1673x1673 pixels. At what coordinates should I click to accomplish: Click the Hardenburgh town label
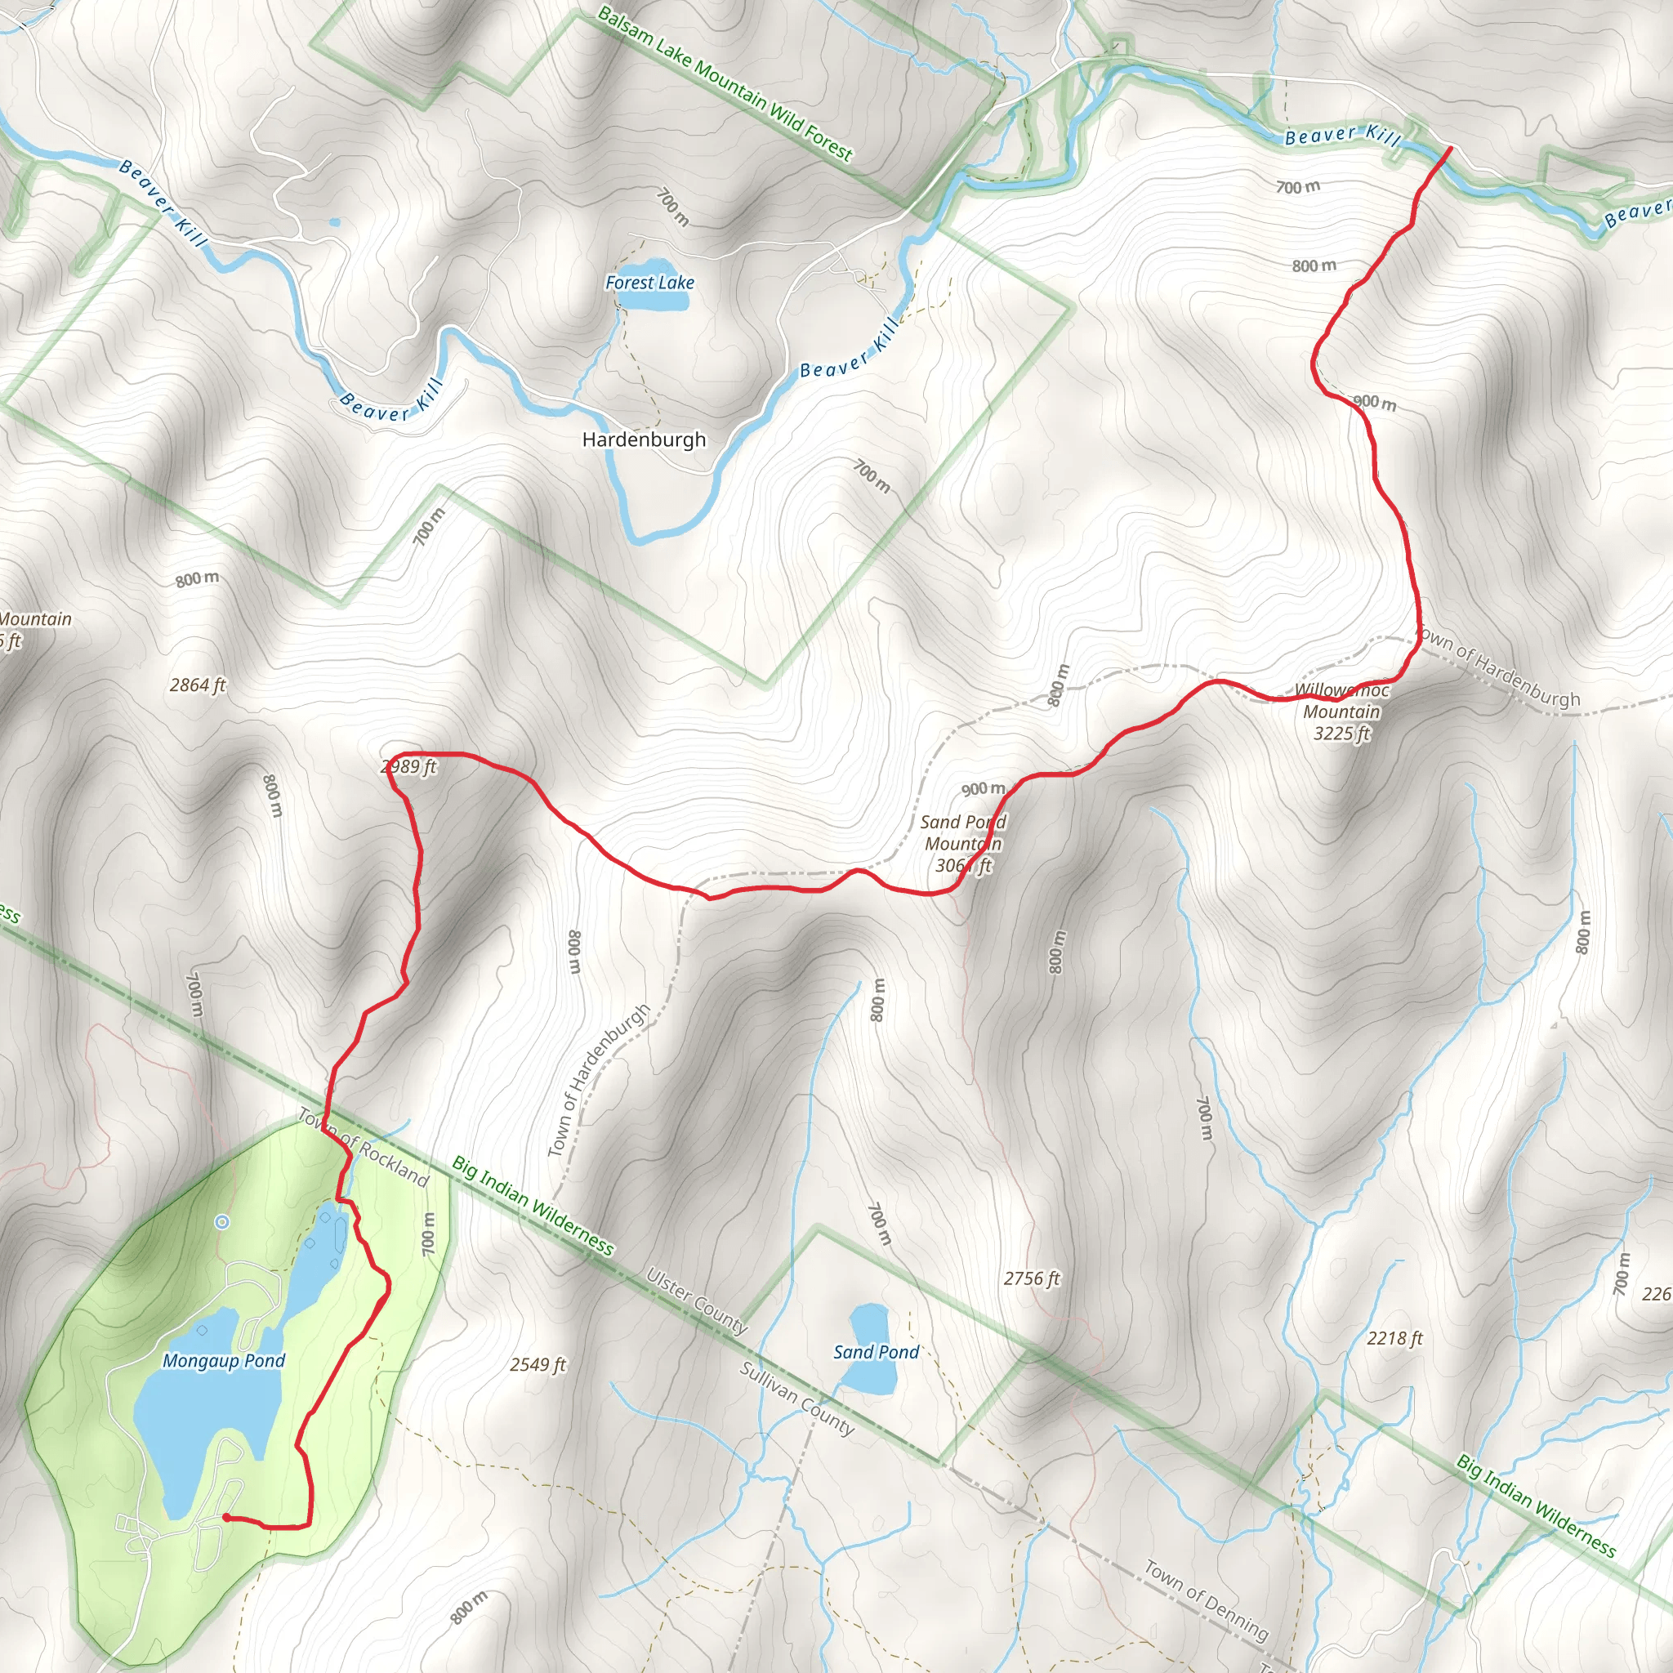click(x=644, y=440)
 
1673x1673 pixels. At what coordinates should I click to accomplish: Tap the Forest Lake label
click(x=649, y=283)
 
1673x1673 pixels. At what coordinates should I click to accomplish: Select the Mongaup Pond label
click(x=223, y=1360)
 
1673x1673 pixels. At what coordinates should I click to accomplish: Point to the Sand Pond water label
click(x=876, y=1352)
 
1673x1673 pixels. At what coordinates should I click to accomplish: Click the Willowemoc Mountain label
click(x=1341, y=712)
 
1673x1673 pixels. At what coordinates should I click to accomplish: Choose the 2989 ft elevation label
click(x=408, y=766)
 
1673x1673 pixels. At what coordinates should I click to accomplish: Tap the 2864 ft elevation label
click(x=198, y=685)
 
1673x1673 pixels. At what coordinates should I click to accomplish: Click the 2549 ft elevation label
click(x=537, y=1365)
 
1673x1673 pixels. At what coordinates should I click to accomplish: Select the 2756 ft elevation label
click(x=1032, y=1278)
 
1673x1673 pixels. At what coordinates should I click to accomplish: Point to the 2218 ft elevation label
click(x=1394, y=1338)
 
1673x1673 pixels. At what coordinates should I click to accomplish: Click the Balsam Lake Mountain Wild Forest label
click(x=725, y=84)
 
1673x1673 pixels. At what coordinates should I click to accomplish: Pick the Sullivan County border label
click(x=796, y=1399)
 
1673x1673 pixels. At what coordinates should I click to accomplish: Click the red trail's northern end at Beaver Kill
click(x=1450, y=149)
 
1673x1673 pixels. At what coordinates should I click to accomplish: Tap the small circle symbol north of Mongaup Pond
click(x=221, y=1222)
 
